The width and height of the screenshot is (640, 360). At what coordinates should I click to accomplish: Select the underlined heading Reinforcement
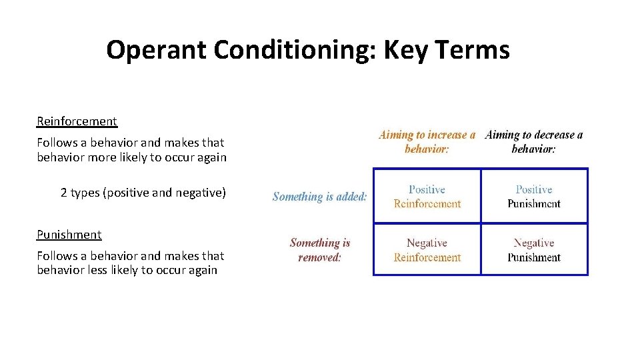pyautogui.click(x=77, y=121)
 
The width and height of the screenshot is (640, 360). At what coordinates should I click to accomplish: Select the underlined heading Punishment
pyautogui.click(x=69, y=235)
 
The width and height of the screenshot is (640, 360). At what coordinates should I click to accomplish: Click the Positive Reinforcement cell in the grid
pyautogui.click(x=427, y=197)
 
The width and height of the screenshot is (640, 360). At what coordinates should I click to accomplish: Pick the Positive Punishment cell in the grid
pyautogui.click(x=534, y=197)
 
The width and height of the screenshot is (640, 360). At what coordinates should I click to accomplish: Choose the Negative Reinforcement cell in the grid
pyautogui.click(x=427, y=250)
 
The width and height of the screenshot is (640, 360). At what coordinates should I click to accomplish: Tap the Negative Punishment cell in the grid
pyautogui.click(x=534, y=250)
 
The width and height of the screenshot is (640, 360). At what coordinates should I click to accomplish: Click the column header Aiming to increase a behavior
pyautogui.click(x=427, y=142)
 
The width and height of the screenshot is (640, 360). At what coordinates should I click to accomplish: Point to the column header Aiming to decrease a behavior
pyautogui.click(x=533, y=142)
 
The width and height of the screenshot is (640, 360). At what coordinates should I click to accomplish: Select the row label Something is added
pyautogui.click(x=319, y=197)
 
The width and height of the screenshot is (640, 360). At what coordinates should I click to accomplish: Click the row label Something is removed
pyautogui.click(x=319, y=250)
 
